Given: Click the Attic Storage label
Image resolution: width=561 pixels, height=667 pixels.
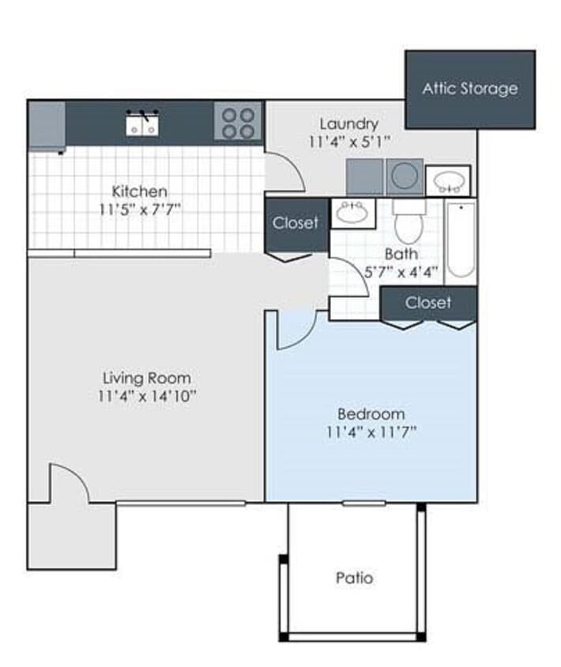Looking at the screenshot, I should (x=469, y=89).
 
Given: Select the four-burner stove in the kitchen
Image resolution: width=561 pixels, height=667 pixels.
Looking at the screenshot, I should (x=238, y=123).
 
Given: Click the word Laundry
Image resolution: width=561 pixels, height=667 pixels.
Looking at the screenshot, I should (x=348, y=124).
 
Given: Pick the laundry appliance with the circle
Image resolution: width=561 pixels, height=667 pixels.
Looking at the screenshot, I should (x=404, y=176).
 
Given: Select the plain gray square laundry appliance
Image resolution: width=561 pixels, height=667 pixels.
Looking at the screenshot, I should (x=365, y=176).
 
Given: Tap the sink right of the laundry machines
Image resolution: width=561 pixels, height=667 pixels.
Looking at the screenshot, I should (x=448, y=180).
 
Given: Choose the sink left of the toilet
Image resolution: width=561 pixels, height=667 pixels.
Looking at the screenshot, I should (x=352, y=213).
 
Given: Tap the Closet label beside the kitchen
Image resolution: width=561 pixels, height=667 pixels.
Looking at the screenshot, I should (x=296, y=223).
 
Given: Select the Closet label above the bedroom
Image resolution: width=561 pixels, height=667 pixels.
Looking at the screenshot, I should (x=428, y=303).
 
